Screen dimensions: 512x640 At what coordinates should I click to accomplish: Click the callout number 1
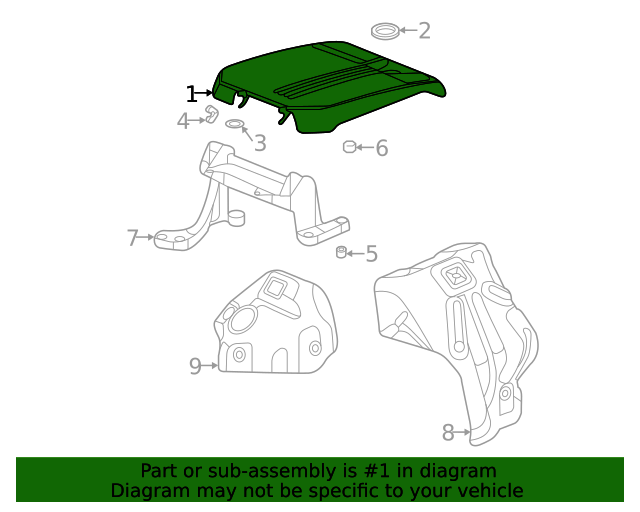coord(191,94)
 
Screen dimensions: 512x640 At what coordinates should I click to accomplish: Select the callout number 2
coord(424,30)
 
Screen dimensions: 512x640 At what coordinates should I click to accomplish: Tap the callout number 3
coord(259,142)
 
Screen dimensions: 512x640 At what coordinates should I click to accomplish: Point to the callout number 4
coord(183,121)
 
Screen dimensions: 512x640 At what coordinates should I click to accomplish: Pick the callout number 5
coord(371,254)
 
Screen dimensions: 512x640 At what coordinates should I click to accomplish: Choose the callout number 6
coord(381,149)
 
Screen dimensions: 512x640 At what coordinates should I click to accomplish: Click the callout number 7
coord(132,237)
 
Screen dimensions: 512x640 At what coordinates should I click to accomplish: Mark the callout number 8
coord(448,432)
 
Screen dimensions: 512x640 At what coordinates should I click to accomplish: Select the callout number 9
coord(195,366)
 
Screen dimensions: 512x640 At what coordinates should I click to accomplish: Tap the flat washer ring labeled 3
coord(235,124)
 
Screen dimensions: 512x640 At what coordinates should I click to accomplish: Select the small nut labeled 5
coord(341,251)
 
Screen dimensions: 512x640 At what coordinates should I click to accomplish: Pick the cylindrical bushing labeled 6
coord(349,148)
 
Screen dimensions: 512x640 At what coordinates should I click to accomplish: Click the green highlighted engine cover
coord(330,85)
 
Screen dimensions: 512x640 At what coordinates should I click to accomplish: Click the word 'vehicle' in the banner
coord(488,490)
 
